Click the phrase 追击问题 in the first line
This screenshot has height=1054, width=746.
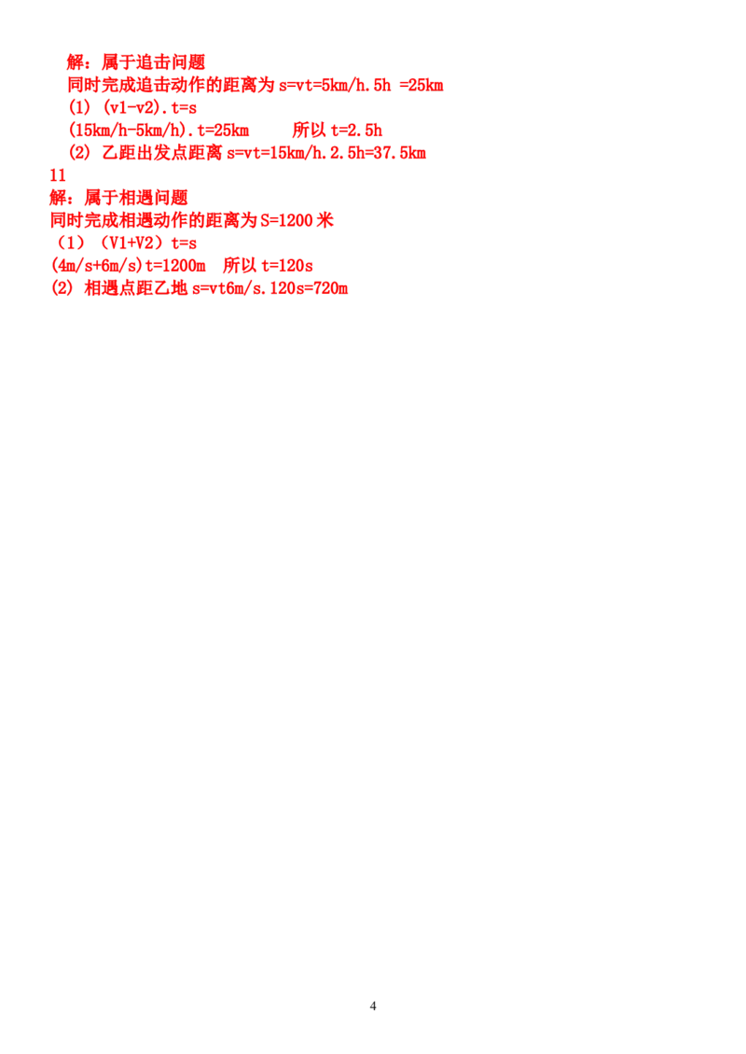(171, 62)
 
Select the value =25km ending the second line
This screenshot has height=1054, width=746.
(421, 86)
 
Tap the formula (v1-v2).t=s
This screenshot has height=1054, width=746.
(150, 107)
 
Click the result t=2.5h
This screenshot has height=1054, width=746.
(356, 131)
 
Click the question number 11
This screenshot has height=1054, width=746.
(58, 175)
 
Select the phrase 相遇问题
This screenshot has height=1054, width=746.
(153, 198)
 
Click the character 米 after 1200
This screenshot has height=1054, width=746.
(325, 220)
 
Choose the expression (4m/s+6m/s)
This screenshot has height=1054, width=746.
(97, 266)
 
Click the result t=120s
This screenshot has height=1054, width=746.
(287, 266)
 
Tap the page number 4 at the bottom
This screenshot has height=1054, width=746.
(373, 1006)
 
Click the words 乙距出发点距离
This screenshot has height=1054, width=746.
(162, 153)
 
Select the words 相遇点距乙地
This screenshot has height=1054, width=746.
(136, 288)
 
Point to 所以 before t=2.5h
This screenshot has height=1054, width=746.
(310, 131)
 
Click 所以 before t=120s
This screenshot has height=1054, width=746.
(240, 266)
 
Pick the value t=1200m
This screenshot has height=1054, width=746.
(175, 266)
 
